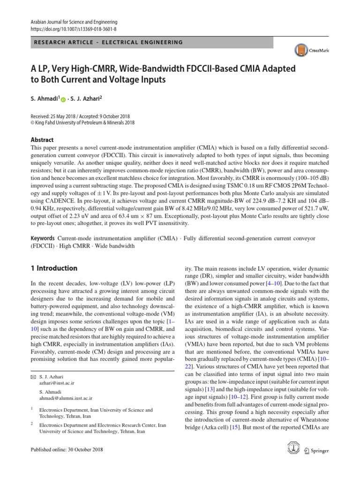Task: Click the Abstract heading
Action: pyautogui.click(x=42, y=140)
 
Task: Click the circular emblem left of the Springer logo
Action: pyautogui.click(x=293, y=449)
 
